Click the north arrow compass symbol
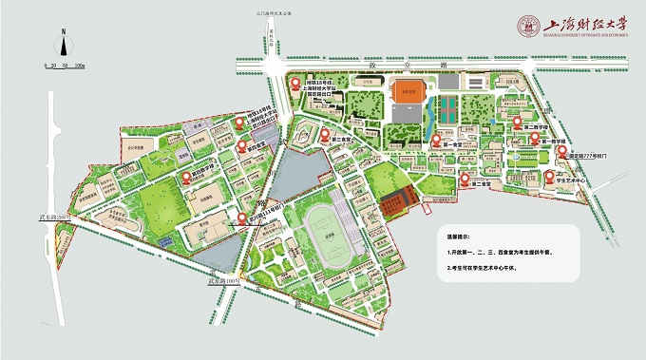click(x=62, y=45)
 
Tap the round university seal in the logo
click(x=527, y=27)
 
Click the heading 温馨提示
click(x=460, y=234)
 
